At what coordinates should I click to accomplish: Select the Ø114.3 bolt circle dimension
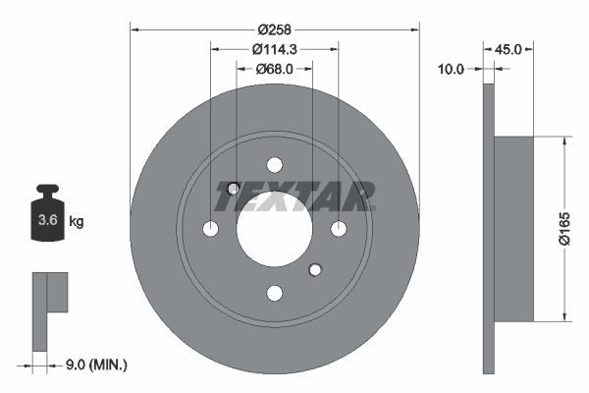(274, 49)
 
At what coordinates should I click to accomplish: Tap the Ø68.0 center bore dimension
(274, 69)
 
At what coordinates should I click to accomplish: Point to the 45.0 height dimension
(508, 47)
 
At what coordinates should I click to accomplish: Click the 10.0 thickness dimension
(453, 69)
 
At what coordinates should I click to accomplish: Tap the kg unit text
(77, 221)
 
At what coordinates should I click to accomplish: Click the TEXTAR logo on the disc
(295, 196)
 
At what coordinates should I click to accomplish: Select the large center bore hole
(274, 229)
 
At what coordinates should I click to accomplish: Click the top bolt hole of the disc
(274, 165)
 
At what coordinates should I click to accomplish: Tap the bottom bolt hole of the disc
(274, 293)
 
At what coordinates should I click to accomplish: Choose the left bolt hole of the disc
(210, 229)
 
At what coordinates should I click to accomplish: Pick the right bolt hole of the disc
(339, 229)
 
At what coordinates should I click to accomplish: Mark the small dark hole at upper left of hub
(234, 189)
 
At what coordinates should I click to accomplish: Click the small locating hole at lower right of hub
(315, 269)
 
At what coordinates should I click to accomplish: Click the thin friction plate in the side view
(488, 228)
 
